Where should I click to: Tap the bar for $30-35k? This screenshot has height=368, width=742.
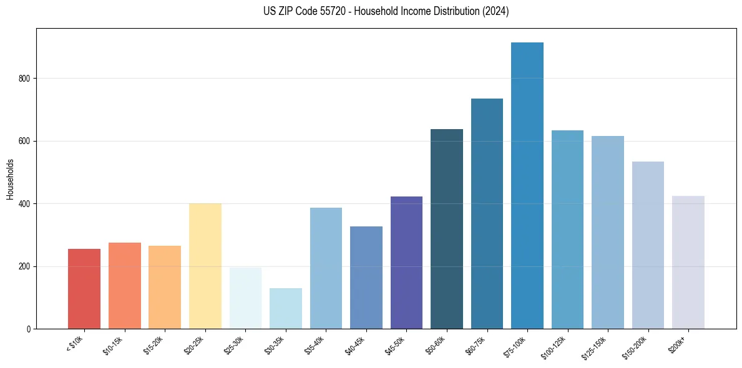[x=286, y=308]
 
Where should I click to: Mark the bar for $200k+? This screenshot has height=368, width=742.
[x=688, y=263]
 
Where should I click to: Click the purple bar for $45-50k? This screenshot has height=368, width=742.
[x=406, y=263]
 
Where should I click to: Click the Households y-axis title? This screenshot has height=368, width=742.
[x=10, y=178]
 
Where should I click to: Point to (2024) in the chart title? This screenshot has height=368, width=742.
[x=495, y=11]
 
